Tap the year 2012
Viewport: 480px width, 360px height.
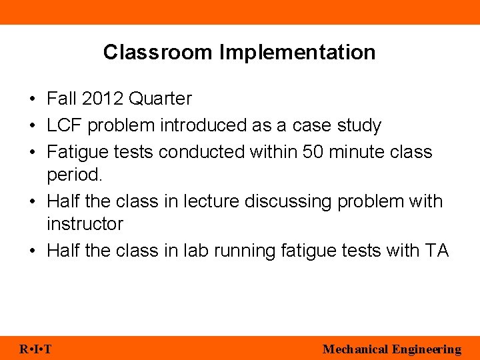tap(103, 99)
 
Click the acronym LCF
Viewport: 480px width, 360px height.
tap(65, 125)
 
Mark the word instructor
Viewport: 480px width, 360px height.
tap(85, 224)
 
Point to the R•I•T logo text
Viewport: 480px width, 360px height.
tap(36, 349)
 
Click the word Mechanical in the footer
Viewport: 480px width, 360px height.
tap(355, 349)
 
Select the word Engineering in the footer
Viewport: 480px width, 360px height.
tap(427, 349)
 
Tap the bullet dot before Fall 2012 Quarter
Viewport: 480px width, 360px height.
tap(32, 99)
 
